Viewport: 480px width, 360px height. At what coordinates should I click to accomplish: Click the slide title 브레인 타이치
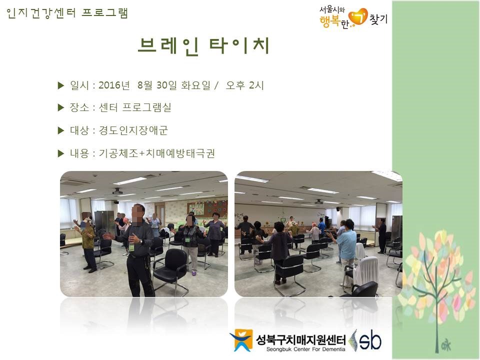[x=203, y=46]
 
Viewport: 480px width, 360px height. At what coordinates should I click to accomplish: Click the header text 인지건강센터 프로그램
[x=67, y=13]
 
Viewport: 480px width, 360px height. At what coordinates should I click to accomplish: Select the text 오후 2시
[x=244, y=85]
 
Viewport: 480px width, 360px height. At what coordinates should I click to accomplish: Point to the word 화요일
[x=196, y=85]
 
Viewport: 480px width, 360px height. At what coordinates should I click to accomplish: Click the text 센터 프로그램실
[x=134, y=107]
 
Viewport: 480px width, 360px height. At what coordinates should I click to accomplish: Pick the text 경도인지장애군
[x=133, y=130]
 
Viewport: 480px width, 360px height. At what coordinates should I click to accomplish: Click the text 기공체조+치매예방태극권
[x=156, y=153]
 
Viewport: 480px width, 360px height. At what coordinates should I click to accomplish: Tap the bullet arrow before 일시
[x=61, y=85]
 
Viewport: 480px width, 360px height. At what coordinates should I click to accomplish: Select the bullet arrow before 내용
[x=61, y=153]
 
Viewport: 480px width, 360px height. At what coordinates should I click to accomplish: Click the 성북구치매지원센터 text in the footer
[x=300, y=339]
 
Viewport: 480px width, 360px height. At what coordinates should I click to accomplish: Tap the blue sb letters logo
[x=370, y=340]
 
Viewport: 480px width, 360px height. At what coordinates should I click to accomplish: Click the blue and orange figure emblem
[x=241, y=340]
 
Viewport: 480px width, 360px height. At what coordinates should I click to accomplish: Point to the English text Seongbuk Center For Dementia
[x=305, y=349]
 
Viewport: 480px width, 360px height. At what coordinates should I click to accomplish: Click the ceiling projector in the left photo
[x=117, y=191]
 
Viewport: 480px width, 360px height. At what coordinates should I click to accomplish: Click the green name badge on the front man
[x=131, y=247]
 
